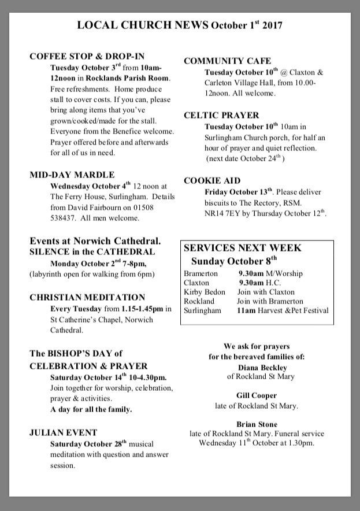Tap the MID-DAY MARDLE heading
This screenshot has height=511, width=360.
coord(72,175)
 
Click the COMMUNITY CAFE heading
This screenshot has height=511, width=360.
coord(227,61)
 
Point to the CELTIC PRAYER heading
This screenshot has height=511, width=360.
coord(221,115)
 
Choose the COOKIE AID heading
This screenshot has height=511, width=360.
coord(212,180)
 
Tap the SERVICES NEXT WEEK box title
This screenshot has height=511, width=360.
coord(243,248)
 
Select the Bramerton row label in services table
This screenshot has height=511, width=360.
coord(201,273)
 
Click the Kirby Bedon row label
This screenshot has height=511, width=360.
coord(205,292)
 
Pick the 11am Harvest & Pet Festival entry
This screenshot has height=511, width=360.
coord(283,310)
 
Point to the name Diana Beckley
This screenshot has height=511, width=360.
coord(262,368)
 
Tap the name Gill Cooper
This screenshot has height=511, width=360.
coord(257,396)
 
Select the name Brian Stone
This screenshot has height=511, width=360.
coord(257,424)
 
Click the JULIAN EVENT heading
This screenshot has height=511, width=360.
coord(64,432)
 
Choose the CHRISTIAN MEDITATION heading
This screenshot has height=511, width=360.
coord(87,297)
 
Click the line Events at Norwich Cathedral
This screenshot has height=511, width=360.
coord(95,240)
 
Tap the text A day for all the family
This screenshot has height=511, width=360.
coord(91,409)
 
